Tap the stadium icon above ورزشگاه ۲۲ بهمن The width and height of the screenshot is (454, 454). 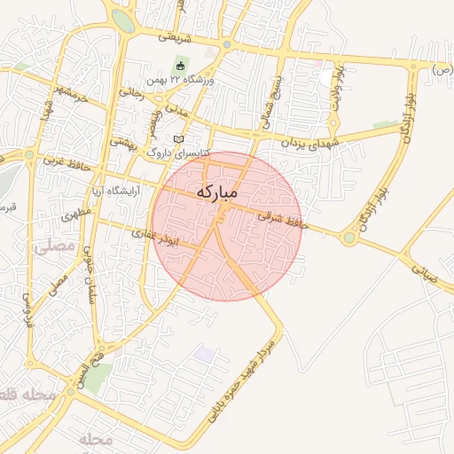pyautogui.click(x=181, y=66)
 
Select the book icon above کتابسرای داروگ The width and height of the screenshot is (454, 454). pyautogui.click(x=179, y=139)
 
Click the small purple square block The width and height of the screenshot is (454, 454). pyautogui.click(x=205, y=355)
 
